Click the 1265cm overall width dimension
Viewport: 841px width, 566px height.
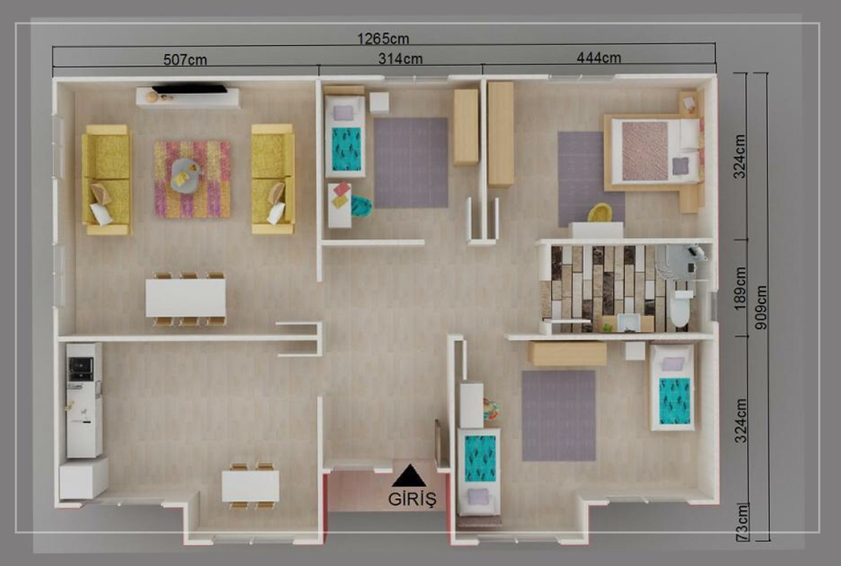click(383, 38)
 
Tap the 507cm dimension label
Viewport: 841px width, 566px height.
click(185, 60)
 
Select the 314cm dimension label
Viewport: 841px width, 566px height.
click(400, 58)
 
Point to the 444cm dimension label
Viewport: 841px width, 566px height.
click(598, 58)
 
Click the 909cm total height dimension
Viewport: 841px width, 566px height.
click(761, 307)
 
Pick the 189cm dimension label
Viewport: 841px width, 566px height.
click(740, 288)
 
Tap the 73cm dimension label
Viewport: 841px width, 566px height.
click(741, 522)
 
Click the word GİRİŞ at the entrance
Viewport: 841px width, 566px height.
click(412, 499)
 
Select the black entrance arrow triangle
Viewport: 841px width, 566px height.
click(409, 475)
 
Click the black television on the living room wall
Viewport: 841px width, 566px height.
click(190, 89)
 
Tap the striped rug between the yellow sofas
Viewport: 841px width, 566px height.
click(193, 179)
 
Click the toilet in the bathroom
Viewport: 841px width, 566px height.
click(681, 308)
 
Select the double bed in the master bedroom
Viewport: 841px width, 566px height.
click(654, 153)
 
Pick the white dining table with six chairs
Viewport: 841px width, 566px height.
click(186, 298)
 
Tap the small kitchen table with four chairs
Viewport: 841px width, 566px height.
click(251, 486)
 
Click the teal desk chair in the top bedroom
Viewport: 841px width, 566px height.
click(361, 206)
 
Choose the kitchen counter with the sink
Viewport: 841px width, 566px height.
click(84, 400)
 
